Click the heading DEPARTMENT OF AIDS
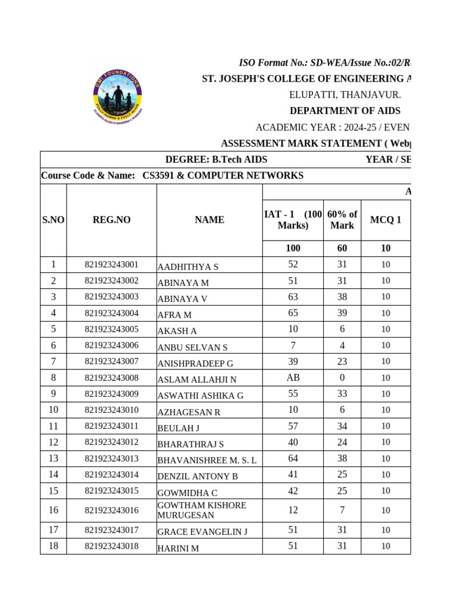[345, 111]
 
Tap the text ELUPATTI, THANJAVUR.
[345, 95]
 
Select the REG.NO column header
[111, 220]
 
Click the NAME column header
[209, 220]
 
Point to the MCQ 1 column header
[386, 220]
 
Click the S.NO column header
[54, 220]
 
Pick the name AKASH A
[177, 331]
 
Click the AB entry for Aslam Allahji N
[293, 378]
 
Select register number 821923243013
[111, 459]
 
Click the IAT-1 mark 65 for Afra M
[293, 313]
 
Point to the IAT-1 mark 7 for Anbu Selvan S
[293, 345]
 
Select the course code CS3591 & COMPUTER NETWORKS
[223, 176]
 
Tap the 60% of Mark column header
[342, 220]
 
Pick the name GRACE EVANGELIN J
[202, 531]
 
